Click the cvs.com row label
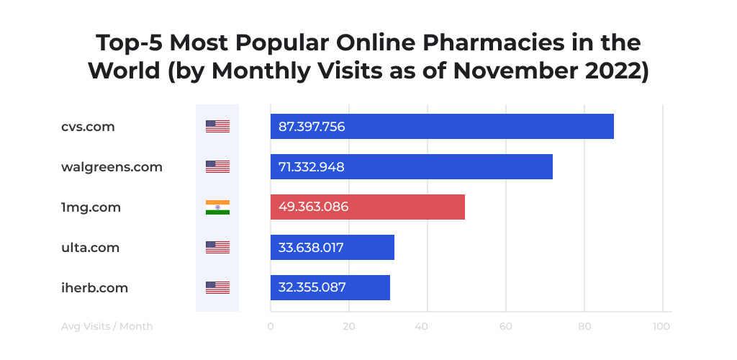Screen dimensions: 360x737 point(88,127)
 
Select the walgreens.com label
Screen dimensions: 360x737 point(112,167)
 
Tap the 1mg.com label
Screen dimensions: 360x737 point(91,207)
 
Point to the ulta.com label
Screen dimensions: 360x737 point(90,248)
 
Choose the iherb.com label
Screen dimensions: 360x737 point(94,288)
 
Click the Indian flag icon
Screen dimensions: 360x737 point(217,207)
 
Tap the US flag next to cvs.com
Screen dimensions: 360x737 point(217,127)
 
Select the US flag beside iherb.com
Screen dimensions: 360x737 point(217,288)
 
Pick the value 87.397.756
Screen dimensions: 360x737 point(312,127)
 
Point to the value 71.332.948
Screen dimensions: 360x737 point(311,167)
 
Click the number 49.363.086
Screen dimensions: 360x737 point(313,207)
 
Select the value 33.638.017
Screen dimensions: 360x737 point(311,248)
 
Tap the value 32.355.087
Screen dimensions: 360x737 point(312,288)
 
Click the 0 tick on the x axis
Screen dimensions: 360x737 point(271,326)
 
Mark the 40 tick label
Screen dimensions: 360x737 point(427,326)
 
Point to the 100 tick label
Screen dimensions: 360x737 point(661,326)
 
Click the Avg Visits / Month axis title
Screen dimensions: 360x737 point(107,326)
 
